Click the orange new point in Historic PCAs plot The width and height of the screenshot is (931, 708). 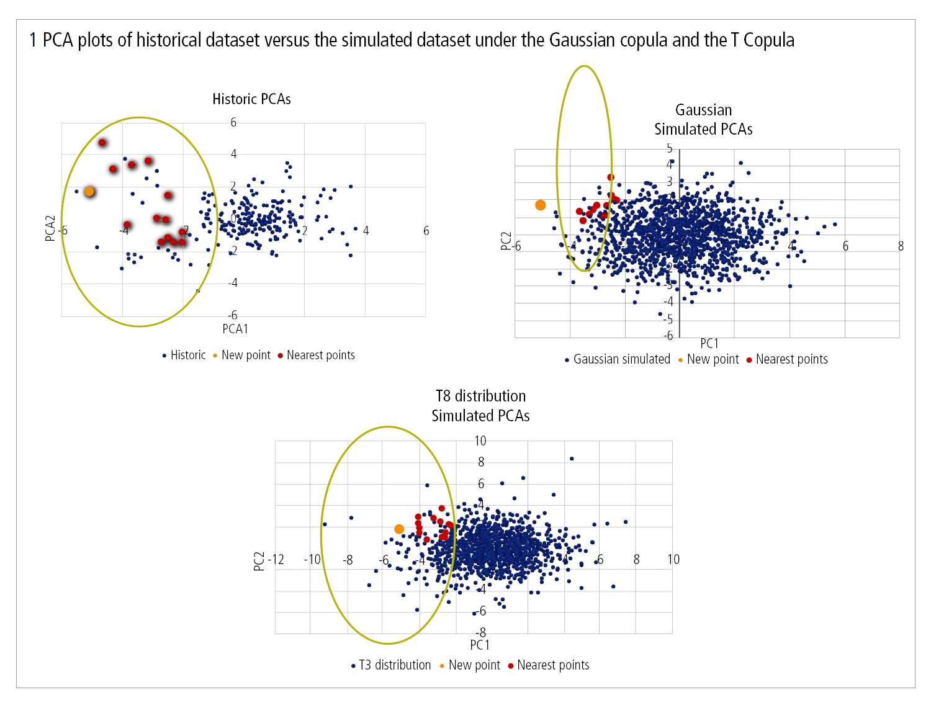pos(89,191)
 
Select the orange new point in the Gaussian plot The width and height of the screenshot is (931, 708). pos(541,205)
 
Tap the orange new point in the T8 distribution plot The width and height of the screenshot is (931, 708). pos(399,529)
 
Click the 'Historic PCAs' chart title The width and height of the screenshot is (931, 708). pos(251,99)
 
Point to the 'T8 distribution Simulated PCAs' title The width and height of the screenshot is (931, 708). pos(480,406)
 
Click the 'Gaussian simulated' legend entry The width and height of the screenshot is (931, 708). pos(621,359)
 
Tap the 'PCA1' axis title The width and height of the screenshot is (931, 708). pos(235,329)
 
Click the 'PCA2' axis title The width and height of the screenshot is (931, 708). pos(50,228)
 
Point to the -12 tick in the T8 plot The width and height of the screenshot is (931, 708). pos(276,560)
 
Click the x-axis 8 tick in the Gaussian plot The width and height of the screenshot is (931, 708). pos(901,246)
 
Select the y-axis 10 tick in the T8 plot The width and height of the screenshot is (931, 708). pos(480,441)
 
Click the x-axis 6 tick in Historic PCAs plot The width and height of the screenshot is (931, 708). pos(426,231)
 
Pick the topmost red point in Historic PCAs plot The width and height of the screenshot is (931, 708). pos(102,143)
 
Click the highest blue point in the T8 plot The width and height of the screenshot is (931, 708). pos(572,459)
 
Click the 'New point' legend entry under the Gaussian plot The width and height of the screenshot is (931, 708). pos(713,359)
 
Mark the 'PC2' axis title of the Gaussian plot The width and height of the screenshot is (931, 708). pos(506,241)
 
